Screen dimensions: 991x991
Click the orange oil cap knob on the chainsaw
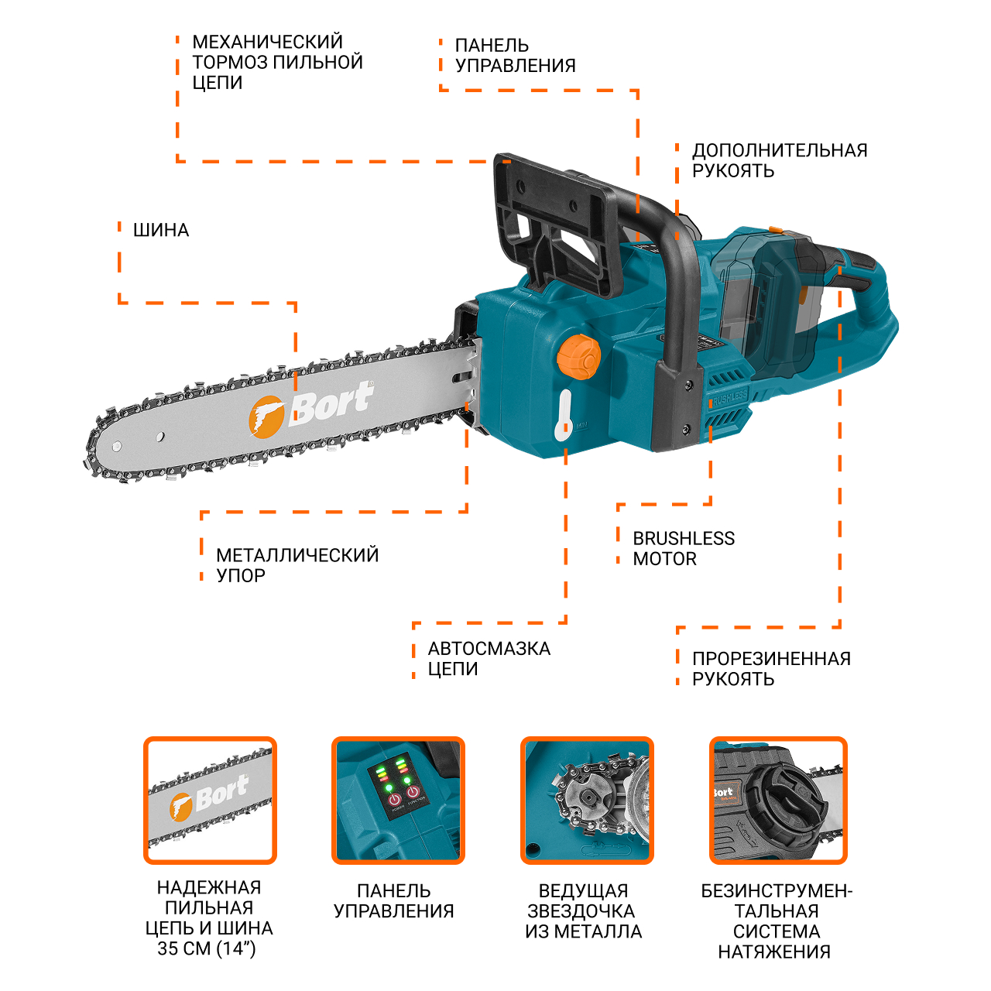(x=578, y=356)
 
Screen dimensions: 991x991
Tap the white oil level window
(x=564, y=414)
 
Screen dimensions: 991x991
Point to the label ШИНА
(x=161, y=230)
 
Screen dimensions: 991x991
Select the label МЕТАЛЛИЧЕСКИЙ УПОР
(x=297, y=565)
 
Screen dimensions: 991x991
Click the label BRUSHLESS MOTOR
(x=684, y=548)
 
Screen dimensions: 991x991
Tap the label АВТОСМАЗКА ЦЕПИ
(x=489, y=658)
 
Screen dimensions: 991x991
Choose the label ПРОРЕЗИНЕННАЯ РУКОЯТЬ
(x=771, y=669)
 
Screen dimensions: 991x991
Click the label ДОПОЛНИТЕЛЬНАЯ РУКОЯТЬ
(x=780, y=160)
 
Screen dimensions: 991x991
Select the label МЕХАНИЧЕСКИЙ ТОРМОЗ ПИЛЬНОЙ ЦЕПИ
(x=278, y=62)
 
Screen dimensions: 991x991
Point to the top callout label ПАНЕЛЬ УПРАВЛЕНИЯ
(x=516, y=56)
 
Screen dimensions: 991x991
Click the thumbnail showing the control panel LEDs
(x=398, y=801)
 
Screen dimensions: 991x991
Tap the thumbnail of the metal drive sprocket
(x=587, y=801)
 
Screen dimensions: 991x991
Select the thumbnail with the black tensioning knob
(x=778, y=801)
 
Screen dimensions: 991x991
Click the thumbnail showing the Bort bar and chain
(x=210, y=801)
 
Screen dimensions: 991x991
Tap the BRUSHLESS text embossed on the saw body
(x=729, y=397)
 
